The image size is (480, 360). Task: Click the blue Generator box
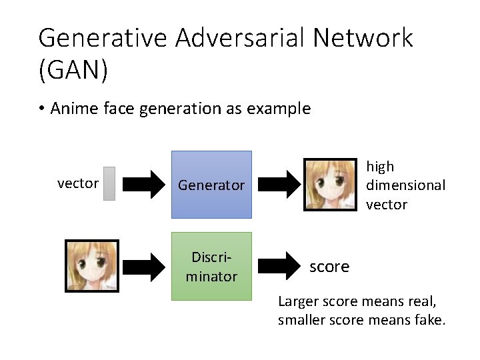[211, 185]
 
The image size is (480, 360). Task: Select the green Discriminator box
[211, 266]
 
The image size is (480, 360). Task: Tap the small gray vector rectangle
[109, 183]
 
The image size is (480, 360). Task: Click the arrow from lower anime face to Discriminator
[144, 266]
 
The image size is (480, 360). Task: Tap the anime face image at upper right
[329, 184]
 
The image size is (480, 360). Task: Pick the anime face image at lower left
[91, 266]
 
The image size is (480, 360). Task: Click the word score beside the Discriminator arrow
[329, 267]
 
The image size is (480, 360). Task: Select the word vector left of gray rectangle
[78, 183]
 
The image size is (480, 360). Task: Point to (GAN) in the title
[73, 69]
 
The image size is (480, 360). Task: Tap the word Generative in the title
[103, 38]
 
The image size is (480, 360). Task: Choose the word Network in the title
[363, 38]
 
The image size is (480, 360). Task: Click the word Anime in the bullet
[75, 108]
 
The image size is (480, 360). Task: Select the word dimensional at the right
[405, 185]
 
